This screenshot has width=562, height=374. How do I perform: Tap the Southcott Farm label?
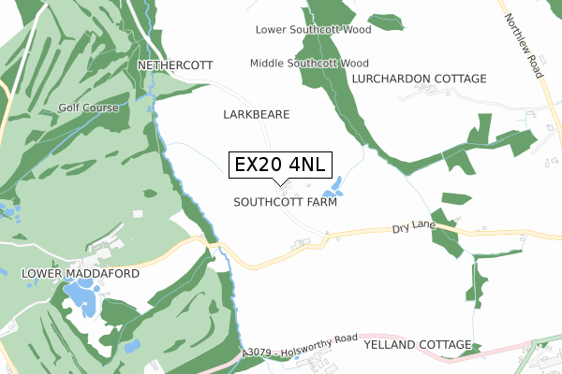[x=285, y=201]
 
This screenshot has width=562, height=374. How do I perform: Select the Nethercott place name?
[x=175, y=65]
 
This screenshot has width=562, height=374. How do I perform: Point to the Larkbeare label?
[x=257, y=114]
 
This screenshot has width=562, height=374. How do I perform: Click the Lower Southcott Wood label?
[x=314, y=30]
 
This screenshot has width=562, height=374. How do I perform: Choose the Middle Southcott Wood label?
[x=309, y=64]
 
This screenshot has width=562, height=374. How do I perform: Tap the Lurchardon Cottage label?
[x=420, y=79]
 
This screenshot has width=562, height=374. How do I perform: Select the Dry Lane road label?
[x=415, y=227]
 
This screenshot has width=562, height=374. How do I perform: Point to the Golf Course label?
[x=88, y=108]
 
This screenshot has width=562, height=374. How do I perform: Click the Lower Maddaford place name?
[x=80, y=274]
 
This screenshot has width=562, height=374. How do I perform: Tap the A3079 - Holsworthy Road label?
[x=300, y=346]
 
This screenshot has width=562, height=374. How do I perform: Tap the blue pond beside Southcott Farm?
[x=332, y=185]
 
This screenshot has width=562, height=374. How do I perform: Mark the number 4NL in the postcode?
[x=305, y=165]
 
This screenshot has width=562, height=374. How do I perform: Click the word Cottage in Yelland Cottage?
[x=440, y=345]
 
